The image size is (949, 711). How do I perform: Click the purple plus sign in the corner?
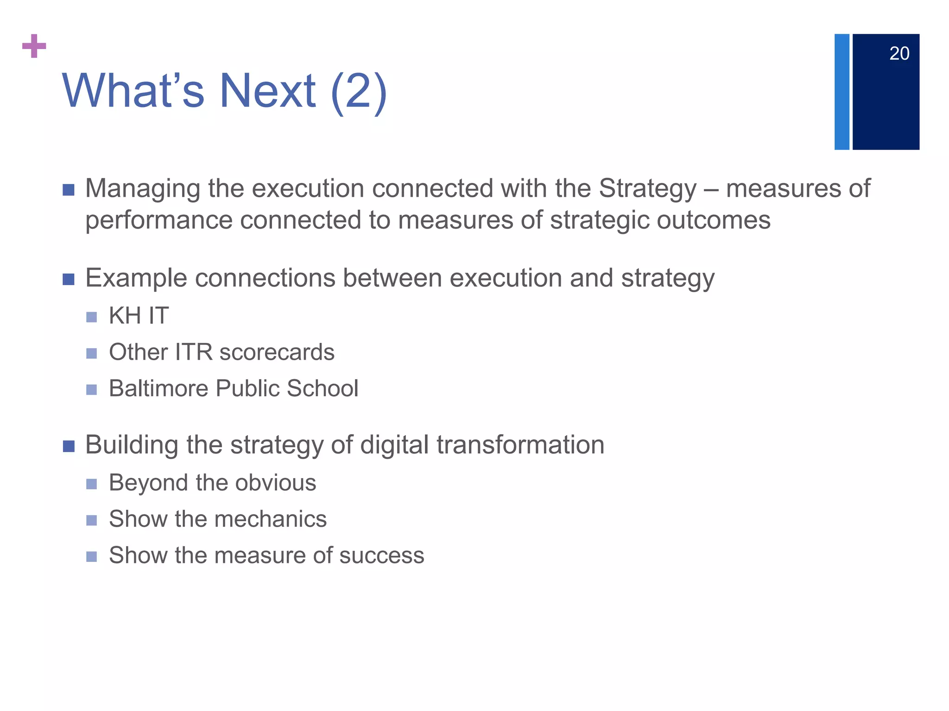34,46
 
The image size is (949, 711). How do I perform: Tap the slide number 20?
899,54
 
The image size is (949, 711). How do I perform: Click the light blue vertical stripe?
841,92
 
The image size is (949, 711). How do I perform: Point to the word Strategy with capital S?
647,189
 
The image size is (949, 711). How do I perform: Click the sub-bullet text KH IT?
139,316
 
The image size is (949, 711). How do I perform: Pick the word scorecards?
277,352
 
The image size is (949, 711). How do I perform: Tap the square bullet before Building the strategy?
69,446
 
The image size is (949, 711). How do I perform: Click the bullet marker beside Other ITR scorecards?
92,354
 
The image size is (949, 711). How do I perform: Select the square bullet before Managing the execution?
69,190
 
